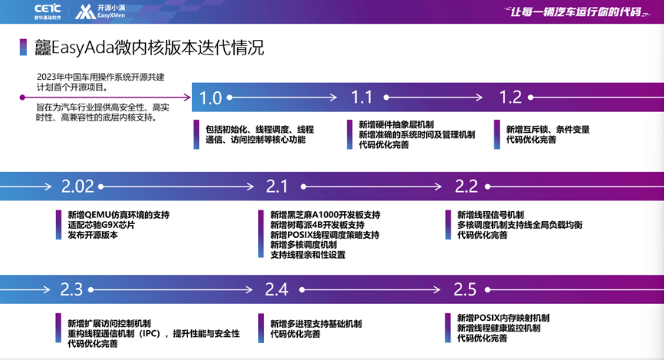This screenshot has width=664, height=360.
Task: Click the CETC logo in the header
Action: click(48, 12)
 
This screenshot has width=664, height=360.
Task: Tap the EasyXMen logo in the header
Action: click(100, 12)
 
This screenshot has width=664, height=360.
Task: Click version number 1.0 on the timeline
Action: click(210, 97)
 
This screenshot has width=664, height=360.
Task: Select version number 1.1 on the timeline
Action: click(362, 97)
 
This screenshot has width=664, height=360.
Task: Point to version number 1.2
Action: click(510, 97)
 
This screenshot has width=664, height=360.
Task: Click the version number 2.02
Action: click(78, 187)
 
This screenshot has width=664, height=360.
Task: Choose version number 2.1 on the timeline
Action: click(277, 187)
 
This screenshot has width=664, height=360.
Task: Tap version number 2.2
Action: click(466, 187)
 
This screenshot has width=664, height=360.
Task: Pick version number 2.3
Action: click(71, 289)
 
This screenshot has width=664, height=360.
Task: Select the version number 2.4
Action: click(276, 289)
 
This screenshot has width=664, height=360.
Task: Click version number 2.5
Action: click(465, 289)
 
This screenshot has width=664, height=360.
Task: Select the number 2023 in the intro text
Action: click(46, 77)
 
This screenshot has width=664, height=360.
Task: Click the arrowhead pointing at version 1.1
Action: click(332, 97)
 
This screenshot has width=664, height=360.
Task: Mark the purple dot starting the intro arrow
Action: click(22, 97)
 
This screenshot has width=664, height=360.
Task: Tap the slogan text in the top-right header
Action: click(576, 12)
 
